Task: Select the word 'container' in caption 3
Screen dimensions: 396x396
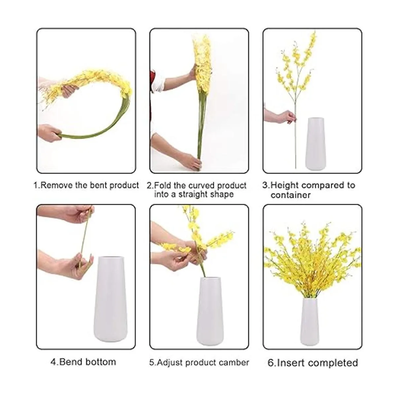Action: [290, 195]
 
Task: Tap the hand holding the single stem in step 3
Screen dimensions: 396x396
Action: [286, 116]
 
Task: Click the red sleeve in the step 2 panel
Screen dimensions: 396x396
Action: [152, 99]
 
